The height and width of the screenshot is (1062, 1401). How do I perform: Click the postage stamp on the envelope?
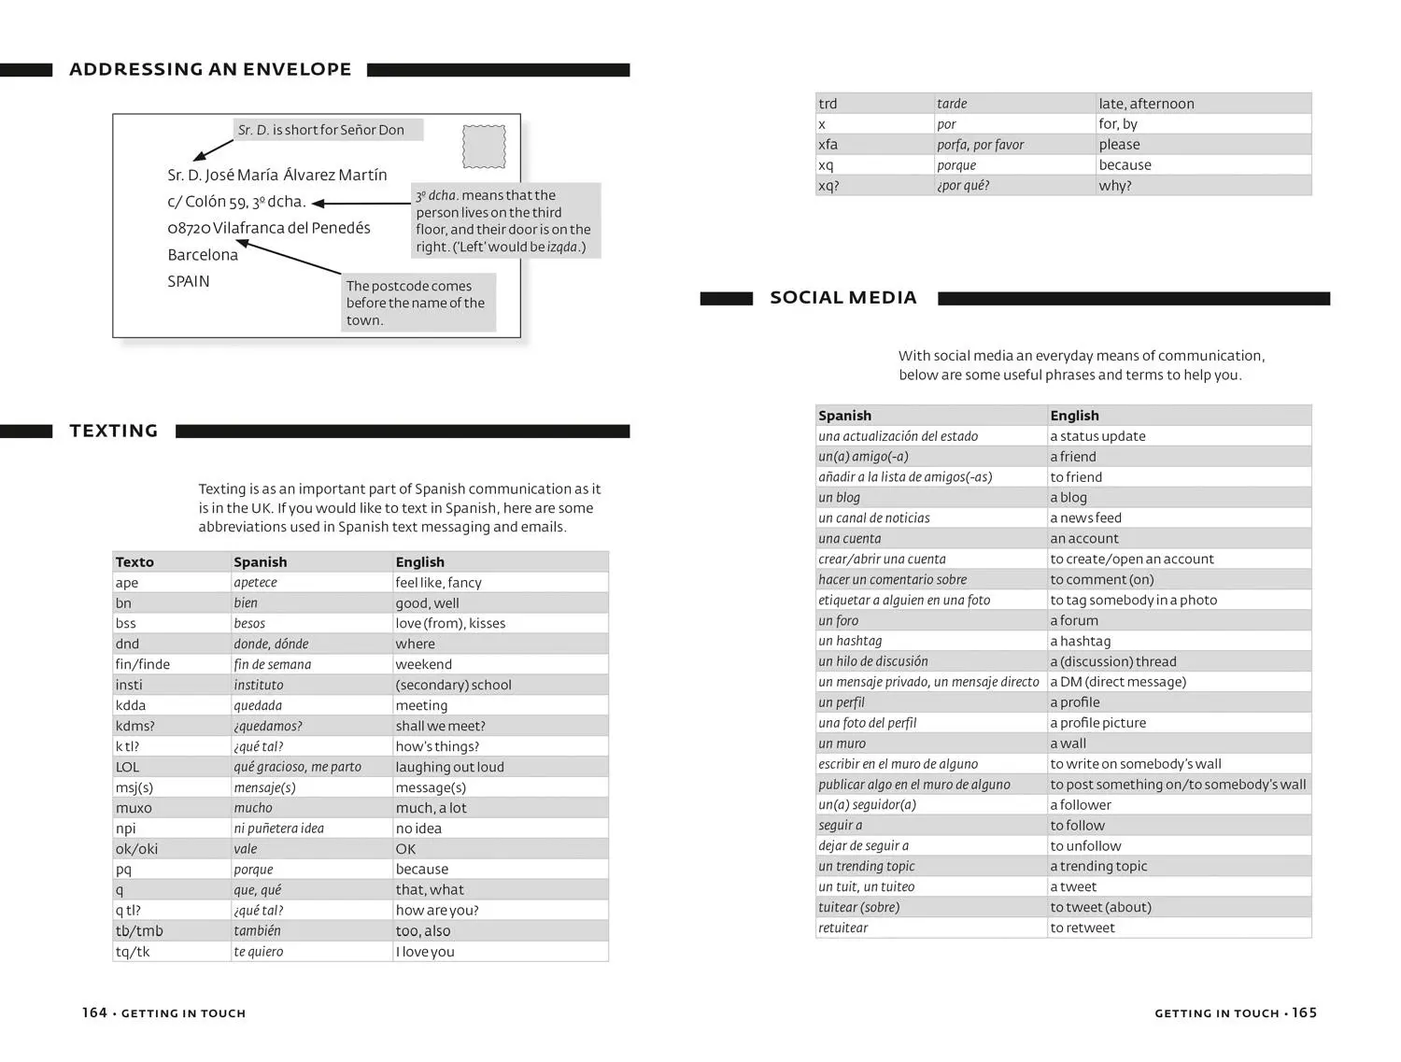coord(484,147)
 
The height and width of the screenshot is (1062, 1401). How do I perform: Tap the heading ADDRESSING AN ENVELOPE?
coord(210,69)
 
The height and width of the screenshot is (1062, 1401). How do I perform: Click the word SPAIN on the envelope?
coord(189,281)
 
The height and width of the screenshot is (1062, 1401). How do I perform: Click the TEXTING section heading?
coord(114,431)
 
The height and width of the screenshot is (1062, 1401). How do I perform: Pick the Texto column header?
coord(134,562)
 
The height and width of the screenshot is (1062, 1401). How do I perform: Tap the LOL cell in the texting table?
coord(127,767)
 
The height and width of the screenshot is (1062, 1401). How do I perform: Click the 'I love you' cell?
coord(425,952)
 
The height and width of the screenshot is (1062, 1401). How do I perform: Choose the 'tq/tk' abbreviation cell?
coord(133,952)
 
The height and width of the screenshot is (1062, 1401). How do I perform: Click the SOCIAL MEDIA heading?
coord(843,298)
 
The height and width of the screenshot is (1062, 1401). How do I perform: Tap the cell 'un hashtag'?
coord(850,641)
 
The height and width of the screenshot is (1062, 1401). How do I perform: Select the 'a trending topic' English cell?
coord(1098,866)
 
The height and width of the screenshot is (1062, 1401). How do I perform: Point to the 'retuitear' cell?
coord(843,927)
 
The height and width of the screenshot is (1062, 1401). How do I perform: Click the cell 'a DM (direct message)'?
coord(1118,682)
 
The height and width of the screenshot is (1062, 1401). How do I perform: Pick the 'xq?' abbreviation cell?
coord(828,186)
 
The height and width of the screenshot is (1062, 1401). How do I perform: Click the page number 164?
coord(94,1012)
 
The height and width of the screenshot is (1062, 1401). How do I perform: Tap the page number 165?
coord(1305,1012)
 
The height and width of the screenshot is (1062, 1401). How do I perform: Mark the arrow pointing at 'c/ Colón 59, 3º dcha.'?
coord(361,203)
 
